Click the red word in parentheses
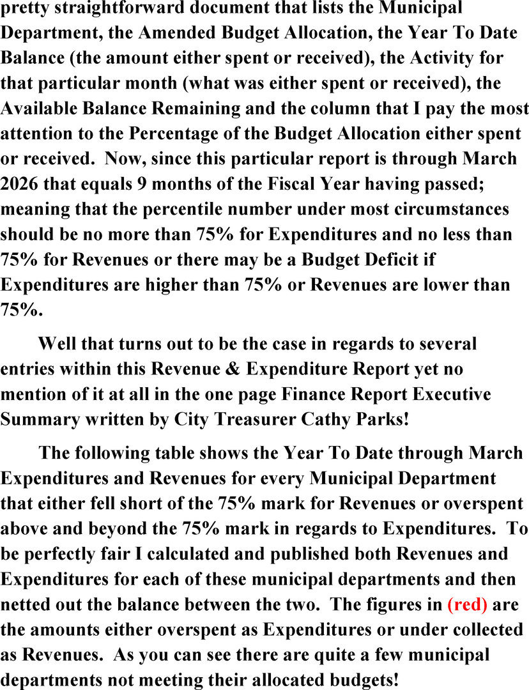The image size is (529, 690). point(468,604)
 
